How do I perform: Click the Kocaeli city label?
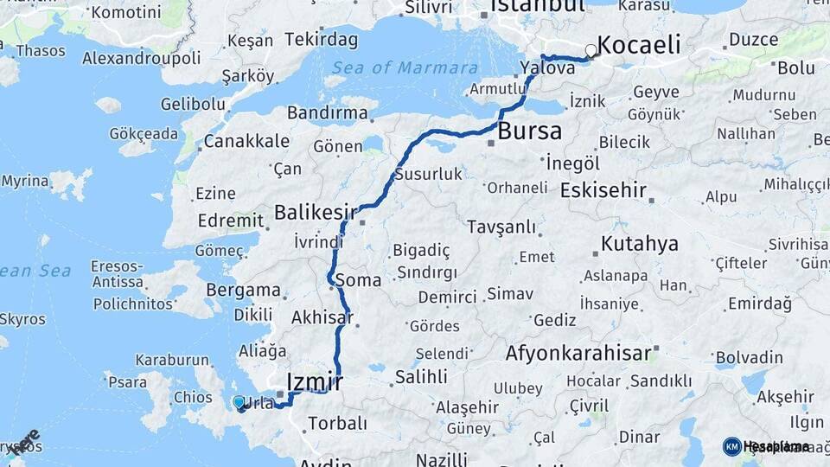[639, 45]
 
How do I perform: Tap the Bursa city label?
[530, 131]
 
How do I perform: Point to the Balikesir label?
[316, 211]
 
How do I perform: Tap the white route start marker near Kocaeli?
[591, 51]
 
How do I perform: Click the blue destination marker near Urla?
[239, 402]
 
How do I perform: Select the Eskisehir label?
[603, 190]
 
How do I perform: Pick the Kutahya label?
[640, 244]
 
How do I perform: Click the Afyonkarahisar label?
[578, 353]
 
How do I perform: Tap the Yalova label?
[548, 68]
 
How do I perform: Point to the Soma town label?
[358, 280]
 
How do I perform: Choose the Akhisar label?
[322, 317]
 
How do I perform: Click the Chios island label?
[192, 398]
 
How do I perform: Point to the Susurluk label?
[428, 174]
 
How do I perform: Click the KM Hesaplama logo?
[766, 446]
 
